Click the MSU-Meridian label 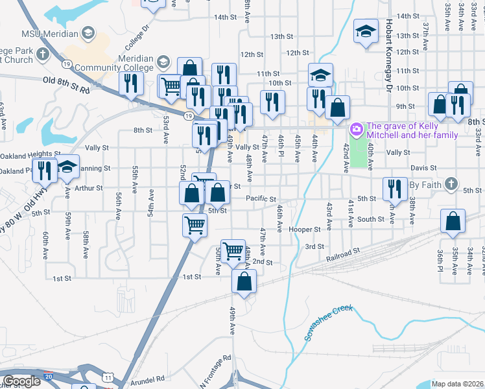tap(51, 34)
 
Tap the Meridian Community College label tap(114, 62)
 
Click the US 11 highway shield tap(108, 377)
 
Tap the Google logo tap(21, 381)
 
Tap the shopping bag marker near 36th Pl tap(452, 222)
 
